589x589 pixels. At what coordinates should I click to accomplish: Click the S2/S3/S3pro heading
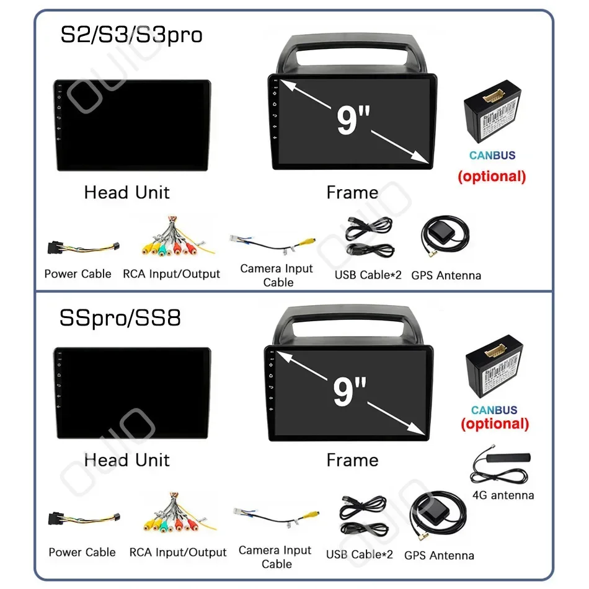(x=131, y=35)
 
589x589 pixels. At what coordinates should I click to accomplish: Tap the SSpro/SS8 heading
(x=120, y=318)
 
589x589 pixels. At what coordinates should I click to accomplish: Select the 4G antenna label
(x=503, y=495)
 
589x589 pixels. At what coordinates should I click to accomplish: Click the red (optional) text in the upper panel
(x=492, y=176)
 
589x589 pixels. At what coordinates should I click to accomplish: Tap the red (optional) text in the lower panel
(x=495, y=424)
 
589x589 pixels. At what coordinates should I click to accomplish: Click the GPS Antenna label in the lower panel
(x=439, y=556)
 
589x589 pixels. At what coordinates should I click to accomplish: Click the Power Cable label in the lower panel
(x=82, y=552)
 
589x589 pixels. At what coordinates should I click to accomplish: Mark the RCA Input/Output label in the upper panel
(x=172, y=273)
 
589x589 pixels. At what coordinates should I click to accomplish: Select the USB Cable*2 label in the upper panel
(x=369, y=275)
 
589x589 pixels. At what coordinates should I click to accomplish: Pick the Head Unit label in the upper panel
(x=126, y=193)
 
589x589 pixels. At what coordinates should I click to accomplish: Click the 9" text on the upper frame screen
(x=349, y=120)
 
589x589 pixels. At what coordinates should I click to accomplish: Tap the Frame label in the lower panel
(x=352, y=460)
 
